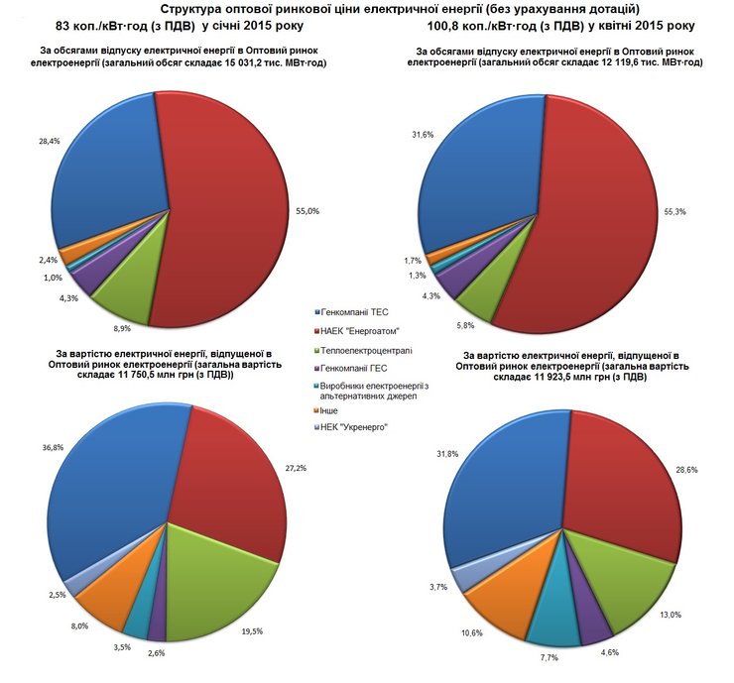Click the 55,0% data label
point(306,211)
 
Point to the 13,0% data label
point(672,615)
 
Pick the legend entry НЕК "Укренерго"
point(354,427)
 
